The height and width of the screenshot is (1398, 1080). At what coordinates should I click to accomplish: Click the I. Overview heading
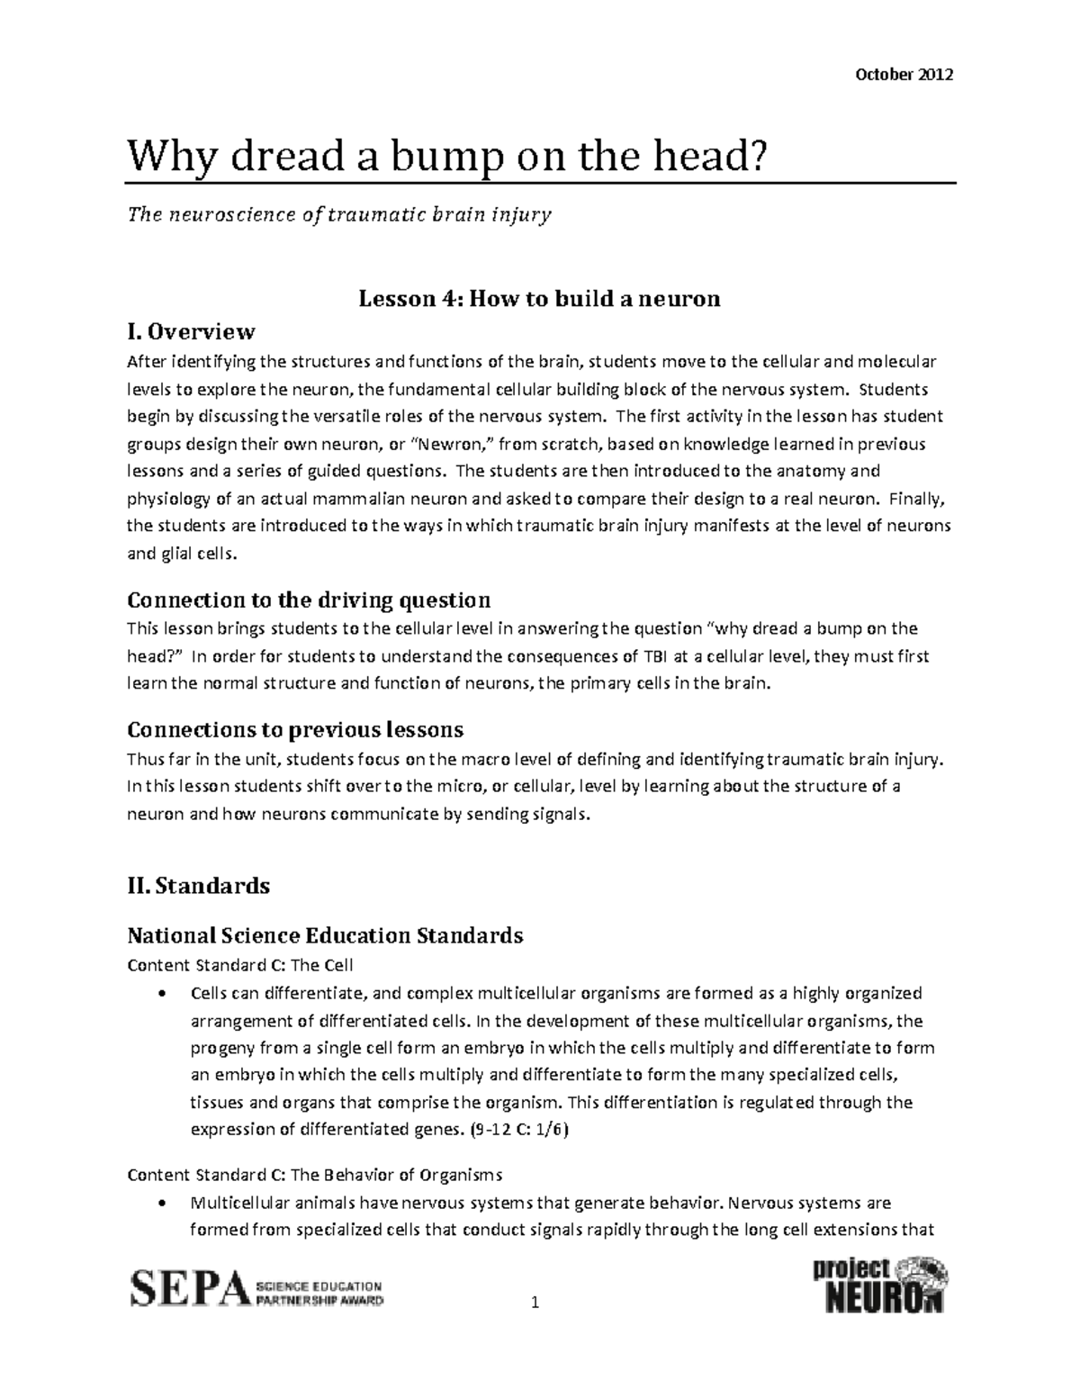pos(192,332)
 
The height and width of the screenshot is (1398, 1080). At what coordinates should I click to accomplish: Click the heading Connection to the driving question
pos(309,600)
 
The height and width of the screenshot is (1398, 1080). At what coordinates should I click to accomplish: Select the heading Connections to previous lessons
pos(295,728)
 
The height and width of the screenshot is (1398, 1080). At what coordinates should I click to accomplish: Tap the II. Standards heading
pos(199,886)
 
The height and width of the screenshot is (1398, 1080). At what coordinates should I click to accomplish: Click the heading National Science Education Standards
pos(325,935)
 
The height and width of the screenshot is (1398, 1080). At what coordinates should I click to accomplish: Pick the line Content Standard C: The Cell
pos(240,965)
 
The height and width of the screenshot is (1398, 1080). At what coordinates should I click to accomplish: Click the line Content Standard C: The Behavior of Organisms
pos(315,1175)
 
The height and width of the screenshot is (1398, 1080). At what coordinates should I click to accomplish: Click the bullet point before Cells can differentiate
pos(161,995)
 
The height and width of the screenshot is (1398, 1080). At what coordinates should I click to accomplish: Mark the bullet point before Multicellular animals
pos(161,1204)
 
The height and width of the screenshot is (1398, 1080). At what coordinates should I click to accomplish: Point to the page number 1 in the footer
pos(535,1303)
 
